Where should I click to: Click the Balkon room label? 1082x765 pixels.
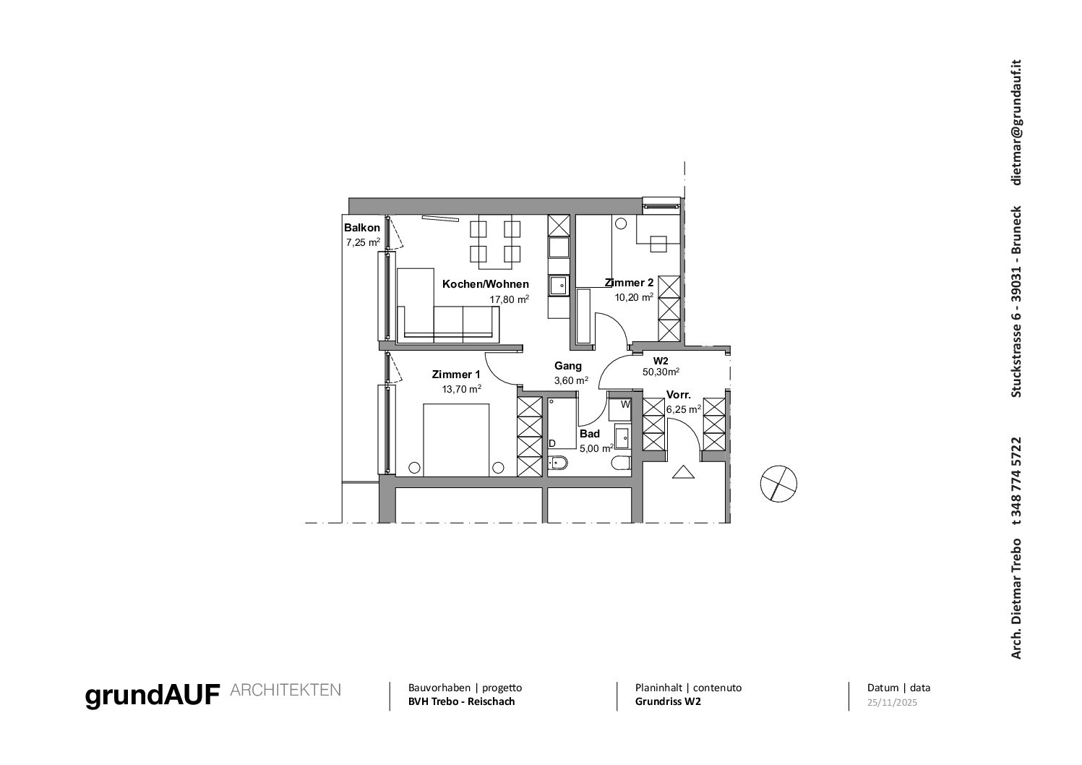[x=362, y=228]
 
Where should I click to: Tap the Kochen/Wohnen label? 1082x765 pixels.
[x=486, y=284]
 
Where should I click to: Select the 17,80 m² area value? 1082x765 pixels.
[x=509, y=299]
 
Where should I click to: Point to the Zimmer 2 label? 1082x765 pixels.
[x=629, y=283]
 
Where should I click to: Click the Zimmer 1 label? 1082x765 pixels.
[x=456, y=375]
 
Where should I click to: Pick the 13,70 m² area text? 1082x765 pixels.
[x=461, y=389]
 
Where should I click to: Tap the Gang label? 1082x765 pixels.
[x=568, y=366]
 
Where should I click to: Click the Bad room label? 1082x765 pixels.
[x=590, y=434]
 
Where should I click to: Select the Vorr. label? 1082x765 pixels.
[x=679, y=395]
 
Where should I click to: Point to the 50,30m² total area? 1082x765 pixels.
[x=661, y=372]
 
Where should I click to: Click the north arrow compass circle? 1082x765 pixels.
[x=778, y=484]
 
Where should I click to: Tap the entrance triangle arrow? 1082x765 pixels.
[x=684, y=471]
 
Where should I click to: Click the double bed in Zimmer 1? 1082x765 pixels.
[x=456, y=440]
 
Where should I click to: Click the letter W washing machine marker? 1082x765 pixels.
[x=625, y=404]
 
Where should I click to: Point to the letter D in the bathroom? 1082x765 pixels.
[x=552, y=444]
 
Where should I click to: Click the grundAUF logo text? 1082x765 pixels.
[x=153, y=696]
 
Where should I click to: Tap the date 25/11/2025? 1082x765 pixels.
[x=892, y=703]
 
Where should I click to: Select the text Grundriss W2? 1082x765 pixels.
[x=668, y=701]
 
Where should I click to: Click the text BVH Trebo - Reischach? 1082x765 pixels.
[x=461, y=701]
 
